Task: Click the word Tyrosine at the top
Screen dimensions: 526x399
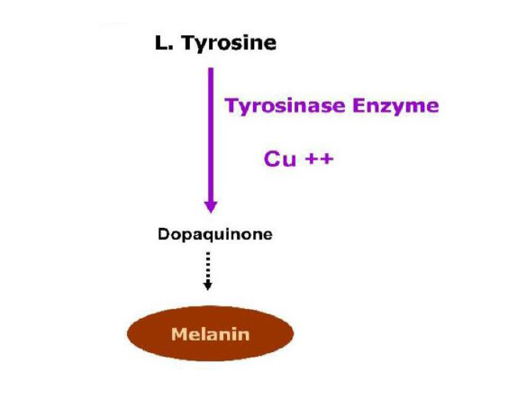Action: pyautogui.click(x=229, y=43)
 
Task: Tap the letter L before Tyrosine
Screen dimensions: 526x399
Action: pyautogui.click(x=160, y=42)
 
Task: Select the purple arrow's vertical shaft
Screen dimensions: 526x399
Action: pyautogui.click(x=211, y=135)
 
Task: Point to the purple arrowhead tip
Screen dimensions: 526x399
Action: pyautogui.click(x=211, y=213)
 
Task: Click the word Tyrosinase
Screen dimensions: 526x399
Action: pyautogui.click(x=286, y=106)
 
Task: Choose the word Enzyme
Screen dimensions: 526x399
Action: pyautogui.click(x=395, y=106)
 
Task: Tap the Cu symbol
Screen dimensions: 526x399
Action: pyautogui.click(x=280, y=159)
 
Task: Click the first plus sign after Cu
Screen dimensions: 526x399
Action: pyautogui.click(x=312, y=159)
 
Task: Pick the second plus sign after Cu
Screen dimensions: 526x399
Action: pyautogui.click(x=327, y=159)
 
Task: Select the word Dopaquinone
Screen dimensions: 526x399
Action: pyautogui.click(x=215, y=234)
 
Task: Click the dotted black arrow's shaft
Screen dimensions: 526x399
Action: pyautogui.click(x=208, y=267)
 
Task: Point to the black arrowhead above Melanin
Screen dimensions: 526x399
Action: pyautogui.click(x=208, y=286)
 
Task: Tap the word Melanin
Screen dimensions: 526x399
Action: pyautogui.click(x=211, y=334)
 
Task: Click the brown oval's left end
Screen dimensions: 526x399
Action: pyautogui.click(x=128, y=333)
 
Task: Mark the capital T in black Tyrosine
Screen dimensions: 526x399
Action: pyautogui.click(x=188, y=42)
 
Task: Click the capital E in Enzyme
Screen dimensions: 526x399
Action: pyautogui.click(x=358, y=105)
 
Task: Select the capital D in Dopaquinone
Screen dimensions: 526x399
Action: pyautogui.click(x=164, y=234)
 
